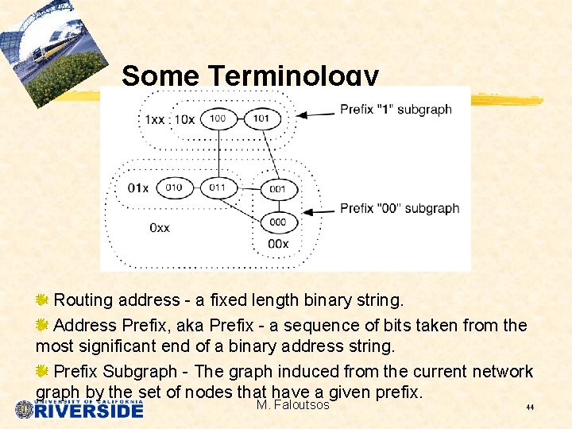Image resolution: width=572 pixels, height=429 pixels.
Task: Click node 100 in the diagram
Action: coord(217,118)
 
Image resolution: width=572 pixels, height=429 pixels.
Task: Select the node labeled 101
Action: coord(261,118)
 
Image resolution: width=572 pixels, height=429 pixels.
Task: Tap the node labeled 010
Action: coord(173,187)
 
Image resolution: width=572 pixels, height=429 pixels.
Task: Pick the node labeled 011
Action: coord(217,187)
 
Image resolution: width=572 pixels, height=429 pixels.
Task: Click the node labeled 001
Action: coord(277,190)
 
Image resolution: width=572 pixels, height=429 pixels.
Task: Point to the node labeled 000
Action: coord(277,222)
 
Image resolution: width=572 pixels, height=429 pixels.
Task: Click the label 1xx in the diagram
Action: coord(154,119)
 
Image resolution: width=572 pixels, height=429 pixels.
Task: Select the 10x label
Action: coord(185,119)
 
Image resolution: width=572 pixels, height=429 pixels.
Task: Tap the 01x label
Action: coord(137,188)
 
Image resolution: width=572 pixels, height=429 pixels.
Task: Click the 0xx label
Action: coord(159,228)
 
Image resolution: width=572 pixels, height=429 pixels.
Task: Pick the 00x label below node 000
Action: coord(278,244)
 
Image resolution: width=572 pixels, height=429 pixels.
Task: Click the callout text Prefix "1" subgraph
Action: coord(396,110)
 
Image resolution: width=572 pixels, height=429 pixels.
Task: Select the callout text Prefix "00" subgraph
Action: coord(400,208)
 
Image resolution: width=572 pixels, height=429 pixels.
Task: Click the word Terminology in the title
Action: coord(293,76)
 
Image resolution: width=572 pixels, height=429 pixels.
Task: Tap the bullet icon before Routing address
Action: coord(43,300)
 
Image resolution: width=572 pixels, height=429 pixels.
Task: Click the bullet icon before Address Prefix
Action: coord(43,325)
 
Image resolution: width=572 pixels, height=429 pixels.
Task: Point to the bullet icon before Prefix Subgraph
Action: coord(43,371)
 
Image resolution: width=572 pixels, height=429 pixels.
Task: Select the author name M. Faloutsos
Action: coord(292,405)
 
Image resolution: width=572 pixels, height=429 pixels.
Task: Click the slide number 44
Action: coord(529,408)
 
